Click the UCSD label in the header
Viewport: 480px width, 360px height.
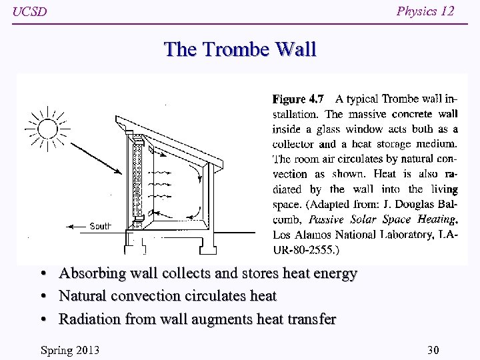30,12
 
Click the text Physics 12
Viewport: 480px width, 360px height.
425,11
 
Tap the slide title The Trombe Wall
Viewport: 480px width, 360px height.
240,49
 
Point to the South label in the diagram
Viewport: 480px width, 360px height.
100,226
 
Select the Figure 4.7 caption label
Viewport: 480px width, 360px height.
298,99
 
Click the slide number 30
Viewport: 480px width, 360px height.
433,351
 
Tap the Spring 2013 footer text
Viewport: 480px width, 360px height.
69,351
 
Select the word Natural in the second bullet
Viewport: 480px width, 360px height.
83,295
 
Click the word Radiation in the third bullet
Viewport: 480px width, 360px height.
89,319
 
